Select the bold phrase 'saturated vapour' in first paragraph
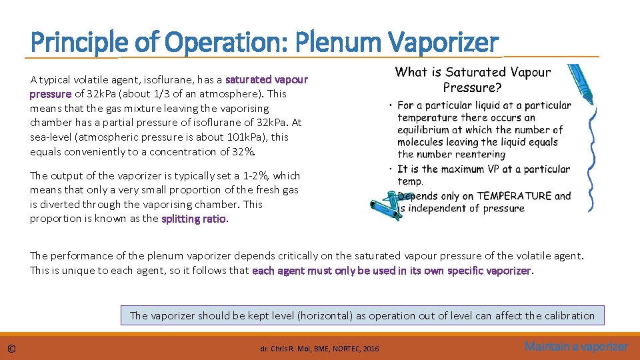(x=267, y=79)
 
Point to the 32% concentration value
(x=243, y=151)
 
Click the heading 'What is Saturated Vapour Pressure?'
(x=473, y=79)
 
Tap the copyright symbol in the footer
(x=11, y=348)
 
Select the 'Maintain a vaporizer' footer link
(x=576, y=346)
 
